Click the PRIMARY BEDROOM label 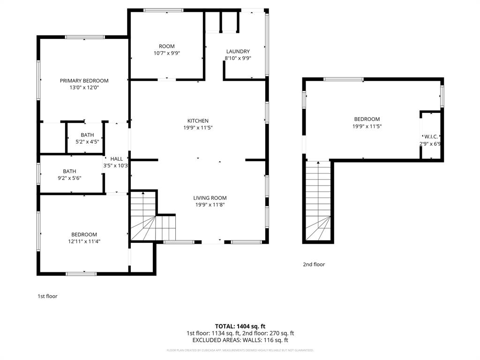click(x=84, y=81)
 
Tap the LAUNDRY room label click(x=238, y=52)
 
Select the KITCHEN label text click(x=198, y=121)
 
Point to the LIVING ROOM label click(x=210, y=198)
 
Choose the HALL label click(x=116, y=159)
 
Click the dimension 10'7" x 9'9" click(x=166, y=53)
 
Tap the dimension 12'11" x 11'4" click(x=84, y=241)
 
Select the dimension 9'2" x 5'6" click(x=69, y=178)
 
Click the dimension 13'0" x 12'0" click(x=84, y=87)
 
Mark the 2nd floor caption click(x=314, y=264)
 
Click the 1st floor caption click(x=47, y=296)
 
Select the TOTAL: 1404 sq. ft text click(x=240, y=326)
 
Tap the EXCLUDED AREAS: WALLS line click(x=240, y=340)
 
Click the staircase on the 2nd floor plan click(x=319, y=202)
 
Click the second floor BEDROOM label click(x=366, y=119)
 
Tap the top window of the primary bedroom click(x=84, y=37)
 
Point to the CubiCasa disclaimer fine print click(x=240, y=350)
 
